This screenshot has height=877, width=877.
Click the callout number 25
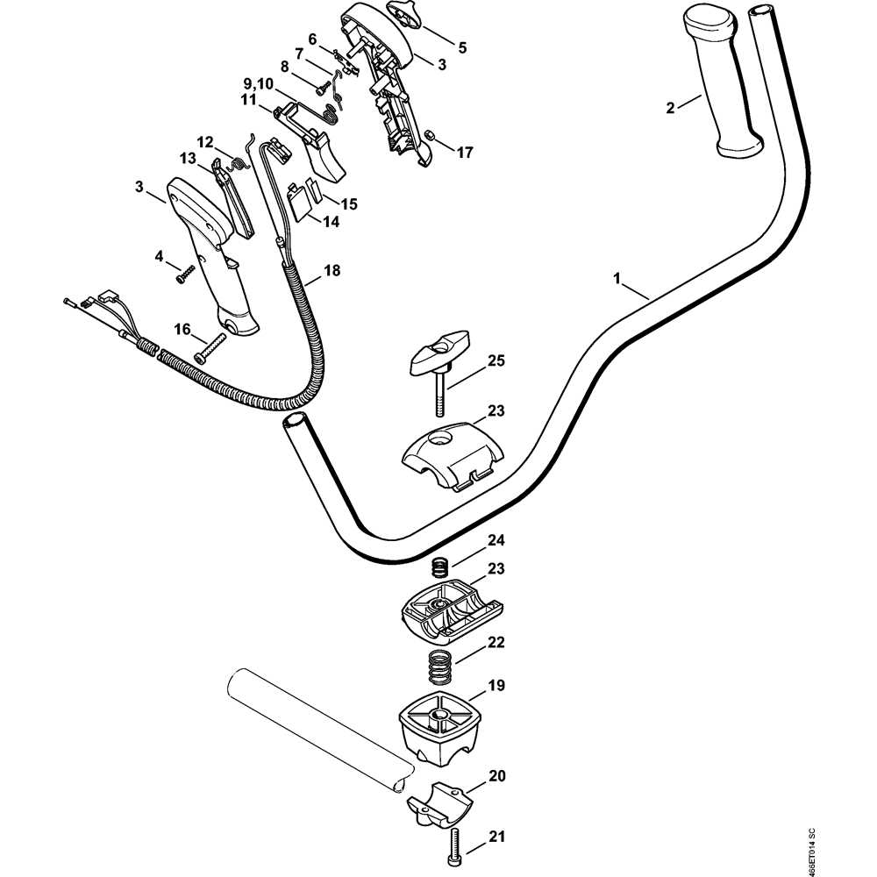[496, 360]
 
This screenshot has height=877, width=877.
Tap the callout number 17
[464, 153]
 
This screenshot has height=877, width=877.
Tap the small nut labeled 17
[431, 134]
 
